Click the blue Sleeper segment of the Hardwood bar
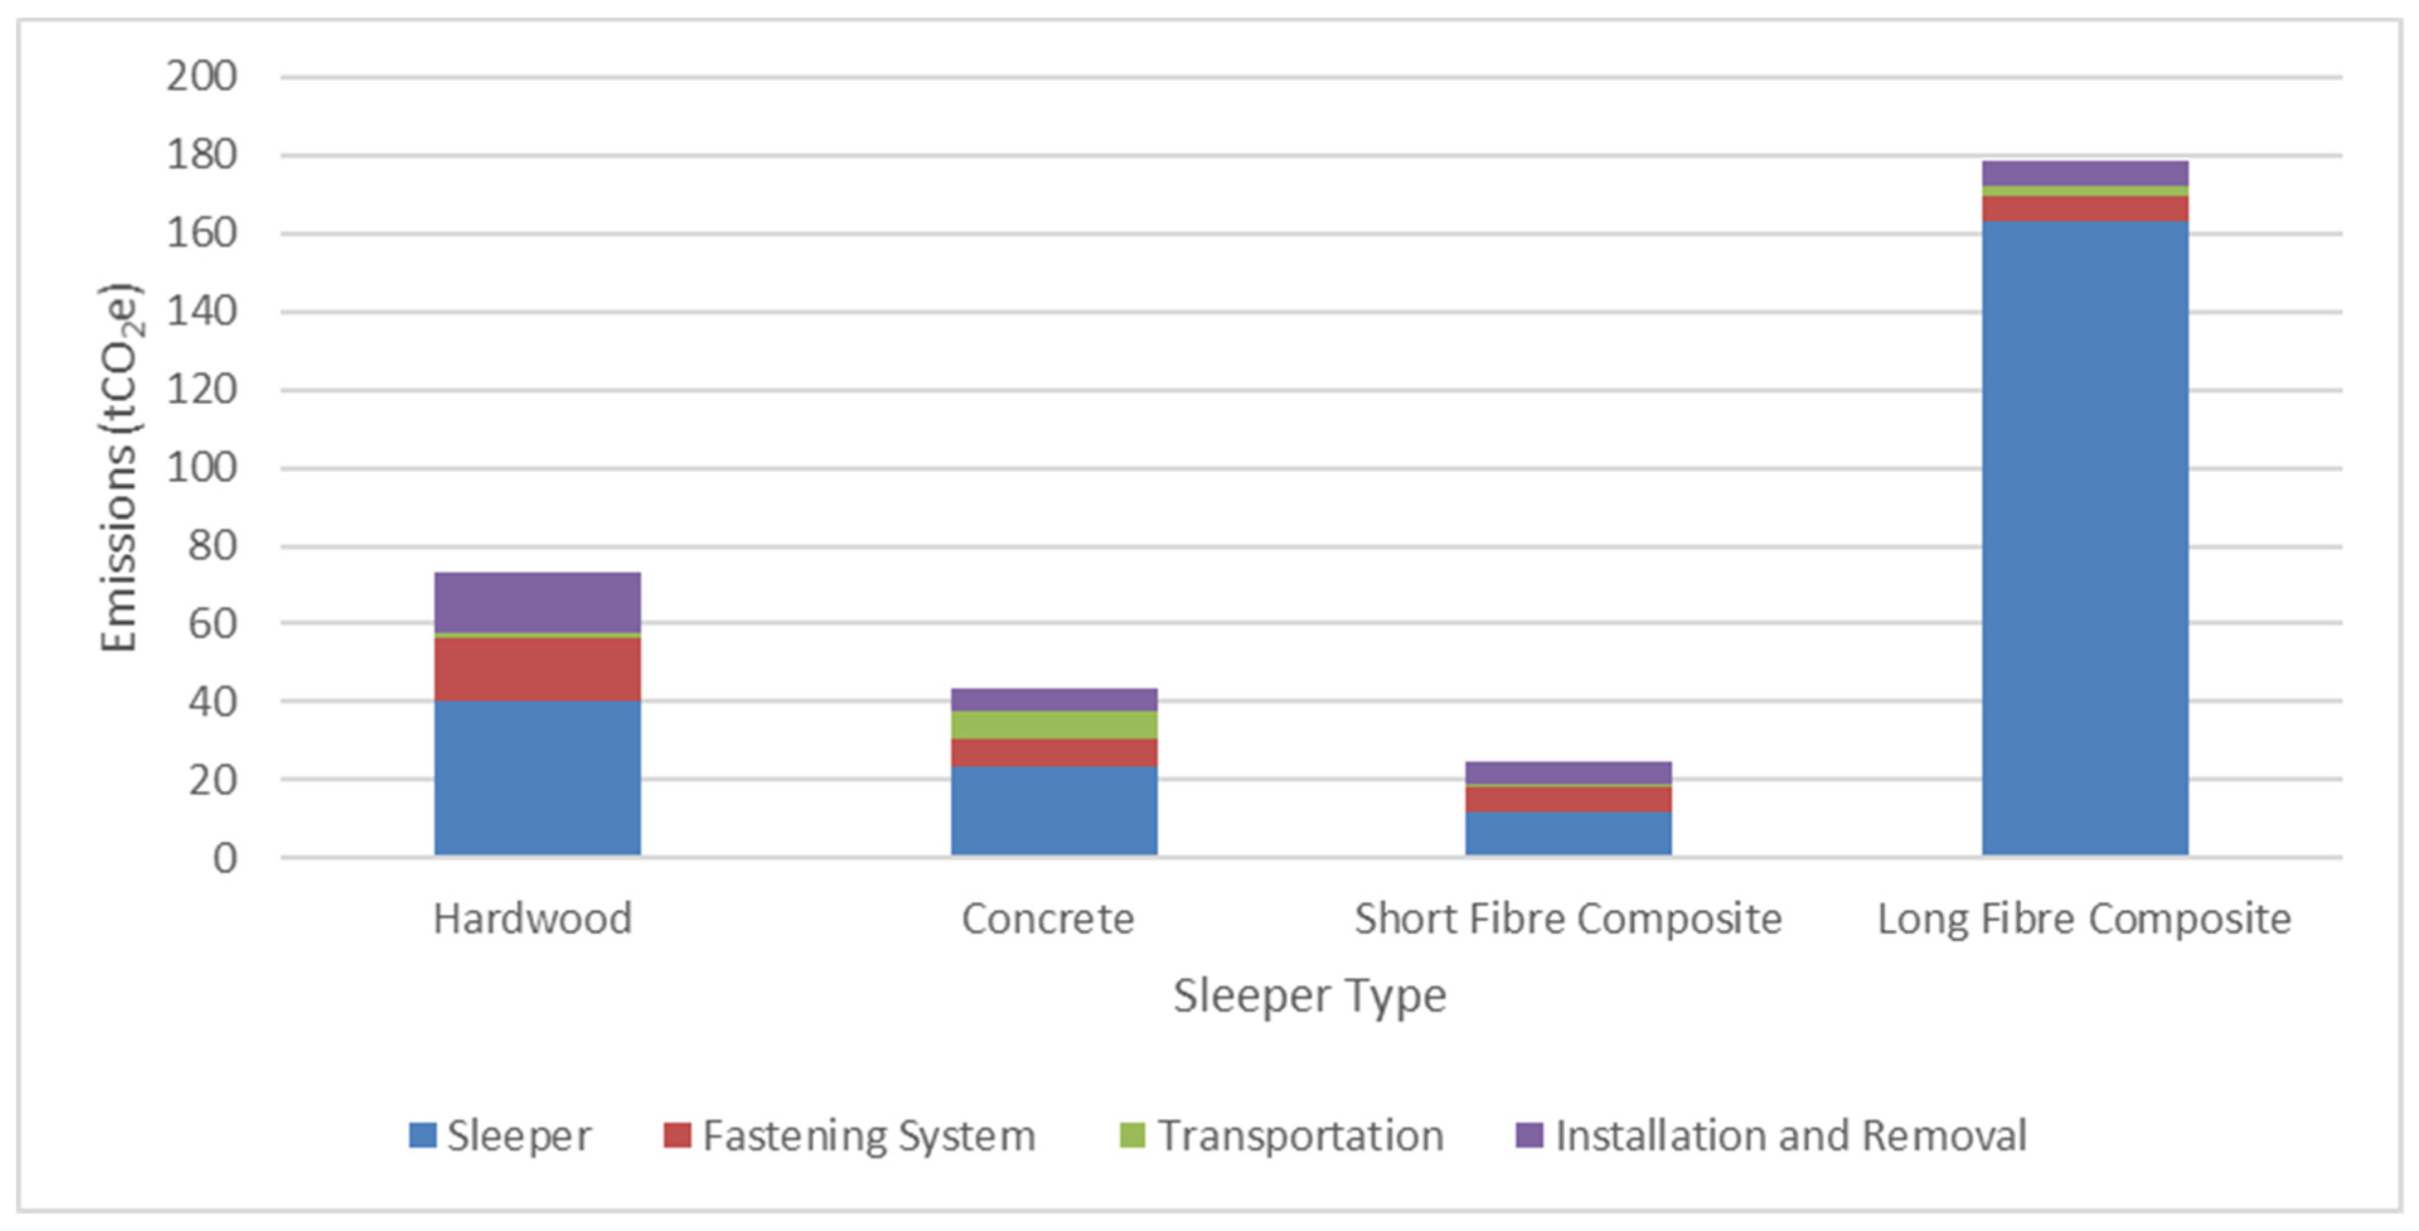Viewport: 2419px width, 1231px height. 537,777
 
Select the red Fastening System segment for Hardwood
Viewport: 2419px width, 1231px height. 537,668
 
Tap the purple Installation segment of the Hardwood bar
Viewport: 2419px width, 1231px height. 537,602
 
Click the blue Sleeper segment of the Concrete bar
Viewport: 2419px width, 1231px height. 1054,810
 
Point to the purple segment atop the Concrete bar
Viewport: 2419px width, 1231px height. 1054,699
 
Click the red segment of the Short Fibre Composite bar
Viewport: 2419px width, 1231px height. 1568,799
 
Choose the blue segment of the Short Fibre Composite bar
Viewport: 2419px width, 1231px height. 1568,833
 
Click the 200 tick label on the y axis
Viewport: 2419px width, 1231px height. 202,76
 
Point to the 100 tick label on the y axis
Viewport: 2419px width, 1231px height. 202,467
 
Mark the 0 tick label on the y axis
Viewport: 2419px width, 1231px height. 224,858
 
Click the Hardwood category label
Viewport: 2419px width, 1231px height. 532,919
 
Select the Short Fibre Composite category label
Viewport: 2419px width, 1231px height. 1567,919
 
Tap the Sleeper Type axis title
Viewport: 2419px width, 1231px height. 1309,996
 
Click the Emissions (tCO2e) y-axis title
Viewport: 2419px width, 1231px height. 120,467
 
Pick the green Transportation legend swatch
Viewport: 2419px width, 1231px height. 1133,1135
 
